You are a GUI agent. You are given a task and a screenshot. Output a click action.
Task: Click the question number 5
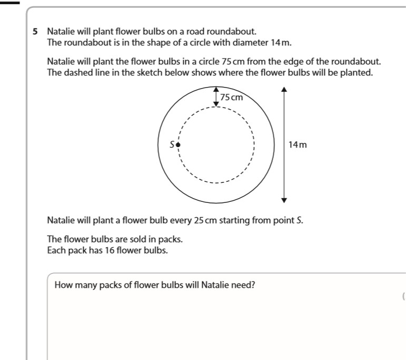[35, 31]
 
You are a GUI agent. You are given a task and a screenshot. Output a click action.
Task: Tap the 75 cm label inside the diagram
[232, 97]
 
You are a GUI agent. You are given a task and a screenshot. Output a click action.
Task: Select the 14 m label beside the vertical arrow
[297, 144]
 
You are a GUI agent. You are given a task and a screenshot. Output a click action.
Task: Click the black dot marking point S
[178, 144]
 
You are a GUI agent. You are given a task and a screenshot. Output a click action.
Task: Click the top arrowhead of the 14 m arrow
[284, 89]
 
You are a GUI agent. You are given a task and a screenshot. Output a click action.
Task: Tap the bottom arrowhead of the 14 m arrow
[284, 200]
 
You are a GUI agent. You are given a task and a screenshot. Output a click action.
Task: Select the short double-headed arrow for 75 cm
[215, 96]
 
